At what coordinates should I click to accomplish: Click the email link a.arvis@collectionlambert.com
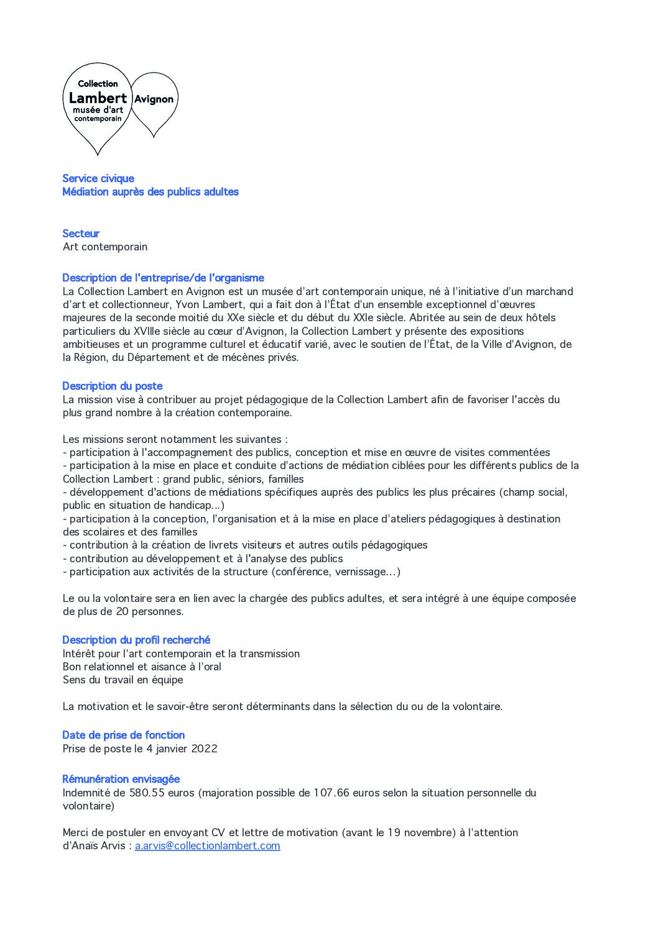point(207,846)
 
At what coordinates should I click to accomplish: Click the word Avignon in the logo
point(154,99)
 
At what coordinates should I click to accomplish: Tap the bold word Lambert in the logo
point(98,98)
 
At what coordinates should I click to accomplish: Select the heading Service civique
point(98,178)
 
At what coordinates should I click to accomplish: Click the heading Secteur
point(81,234)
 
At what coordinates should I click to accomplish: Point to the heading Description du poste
point(113,386)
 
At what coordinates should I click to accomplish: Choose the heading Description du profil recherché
point(136,640)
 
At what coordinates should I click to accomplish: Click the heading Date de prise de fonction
point(124,735)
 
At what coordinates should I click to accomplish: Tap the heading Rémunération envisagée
point(121,779)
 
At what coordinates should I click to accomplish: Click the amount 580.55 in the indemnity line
point(147,793)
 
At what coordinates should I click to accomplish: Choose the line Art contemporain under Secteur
point(105,247)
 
